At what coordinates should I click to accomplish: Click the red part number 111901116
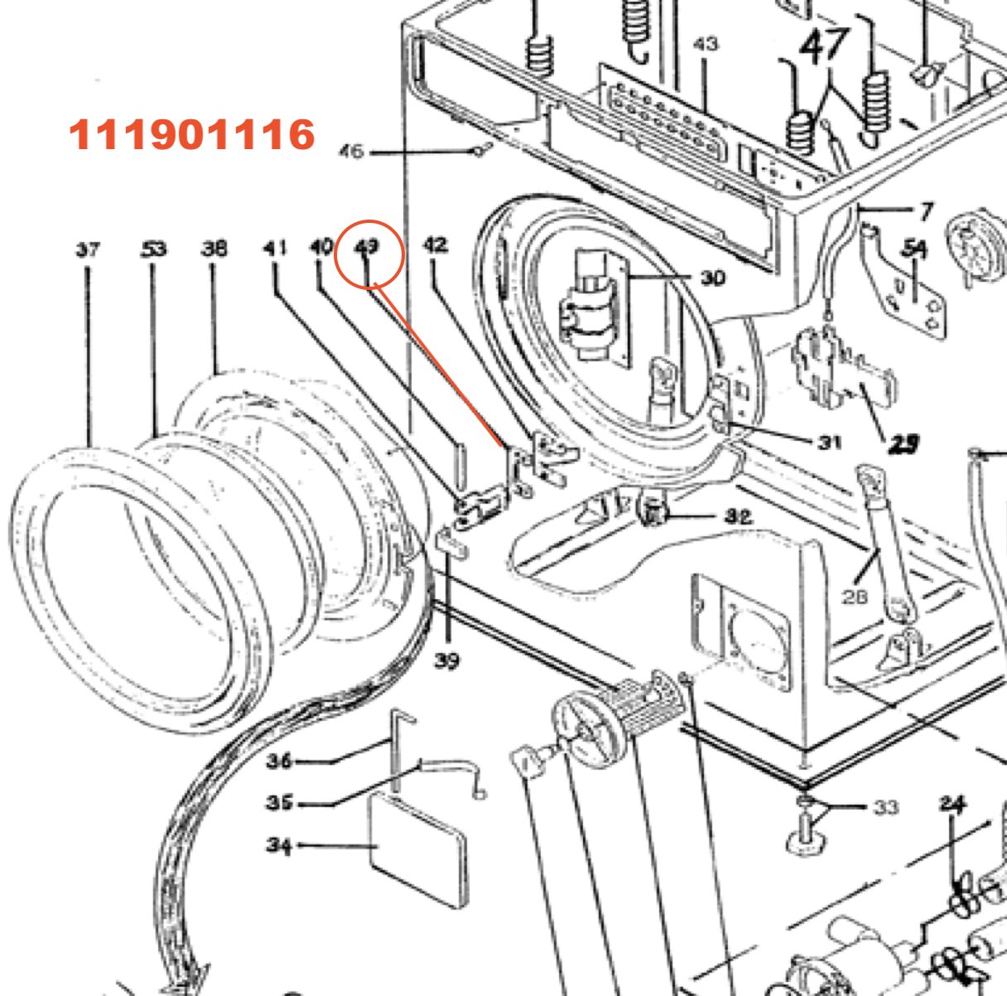pos(192,135)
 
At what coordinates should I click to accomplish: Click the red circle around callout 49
pos(369,254)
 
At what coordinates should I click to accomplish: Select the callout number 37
pos(88,249)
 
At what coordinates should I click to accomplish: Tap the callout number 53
pos(152,249)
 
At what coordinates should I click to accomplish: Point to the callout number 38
pos(214,248)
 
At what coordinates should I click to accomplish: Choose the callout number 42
pos(436,244)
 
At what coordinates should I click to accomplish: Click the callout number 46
pos(352,152)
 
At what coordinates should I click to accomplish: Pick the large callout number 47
pos(824,46)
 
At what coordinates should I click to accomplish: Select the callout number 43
pos(706,43)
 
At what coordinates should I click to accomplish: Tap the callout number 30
pos(712,278)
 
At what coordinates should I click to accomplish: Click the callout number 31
pos(829,442)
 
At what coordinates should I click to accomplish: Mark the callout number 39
pos(446,661)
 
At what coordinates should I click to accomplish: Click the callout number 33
pos(886,806)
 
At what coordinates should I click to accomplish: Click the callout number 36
pos(280,761)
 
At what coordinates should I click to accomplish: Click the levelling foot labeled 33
pos(802,831)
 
